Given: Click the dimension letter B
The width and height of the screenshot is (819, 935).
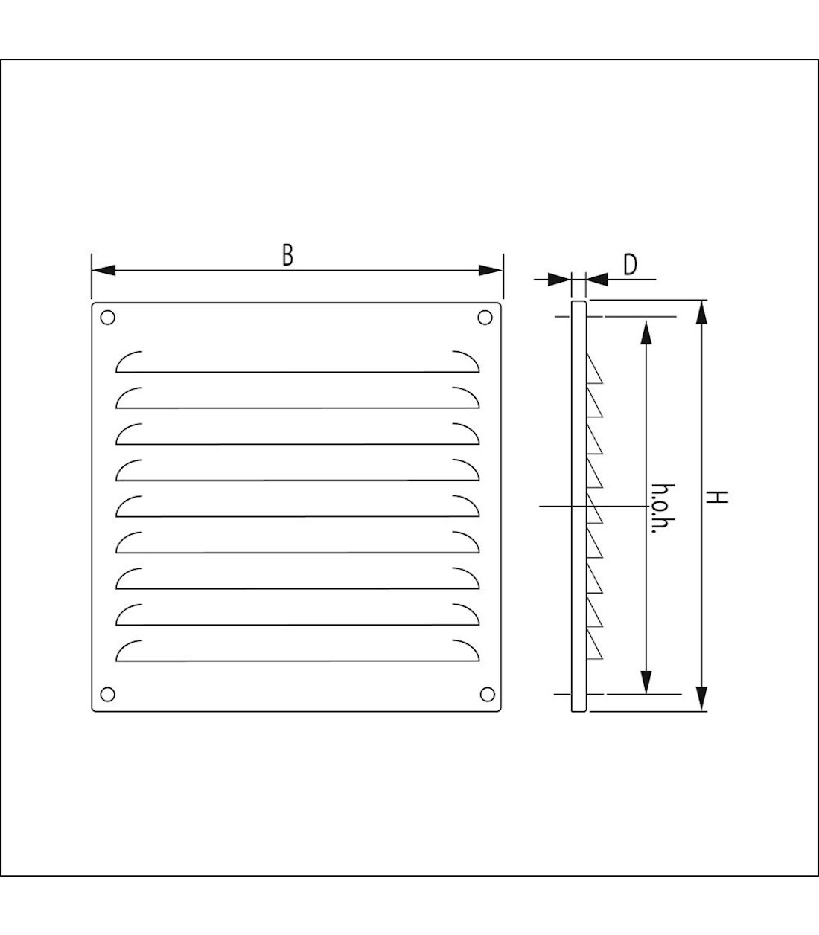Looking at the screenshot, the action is pyautogui.click(x=287, y=255).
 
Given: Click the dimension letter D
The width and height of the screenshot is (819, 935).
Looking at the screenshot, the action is pyautogui.click(x=630, y=265).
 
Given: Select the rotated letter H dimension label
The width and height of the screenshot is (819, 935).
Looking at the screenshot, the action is pyautogui.click(x=716, y=498).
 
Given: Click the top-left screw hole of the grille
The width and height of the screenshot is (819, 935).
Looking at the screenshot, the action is pyautogui.click(x=107, y=317).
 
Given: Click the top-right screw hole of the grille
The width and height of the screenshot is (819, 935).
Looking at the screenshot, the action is pyautogui.click(x=485, y=317).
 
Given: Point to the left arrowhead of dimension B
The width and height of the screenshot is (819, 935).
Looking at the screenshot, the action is pyautogui.click(x=103, y=270).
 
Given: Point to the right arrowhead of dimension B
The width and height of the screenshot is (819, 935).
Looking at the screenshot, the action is pyautogui.click(x=490, y=270).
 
